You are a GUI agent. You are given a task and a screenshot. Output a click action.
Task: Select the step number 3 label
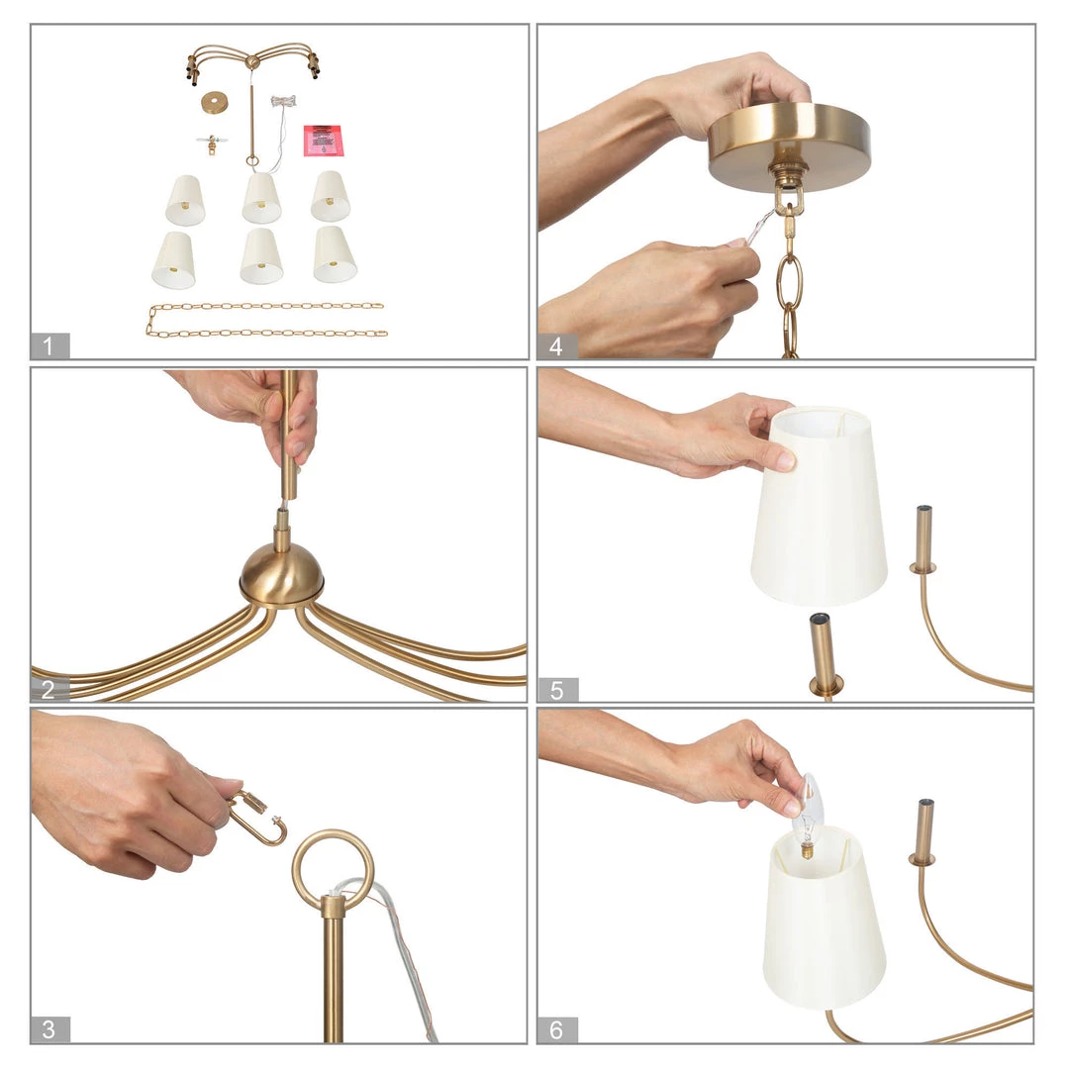49,1029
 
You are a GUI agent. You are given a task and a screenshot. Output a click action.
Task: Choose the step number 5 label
556,690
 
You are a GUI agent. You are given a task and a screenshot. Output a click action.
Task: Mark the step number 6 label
556,1029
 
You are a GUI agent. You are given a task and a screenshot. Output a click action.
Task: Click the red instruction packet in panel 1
324,141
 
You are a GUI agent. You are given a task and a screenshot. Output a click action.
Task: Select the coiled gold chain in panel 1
266,321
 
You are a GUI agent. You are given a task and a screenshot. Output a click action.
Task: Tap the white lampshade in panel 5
820,506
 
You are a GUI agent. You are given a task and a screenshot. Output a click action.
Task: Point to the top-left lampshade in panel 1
185,200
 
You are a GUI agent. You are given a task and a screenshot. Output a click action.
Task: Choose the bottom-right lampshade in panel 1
335,254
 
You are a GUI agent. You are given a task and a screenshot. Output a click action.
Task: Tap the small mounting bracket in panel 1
212,144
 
